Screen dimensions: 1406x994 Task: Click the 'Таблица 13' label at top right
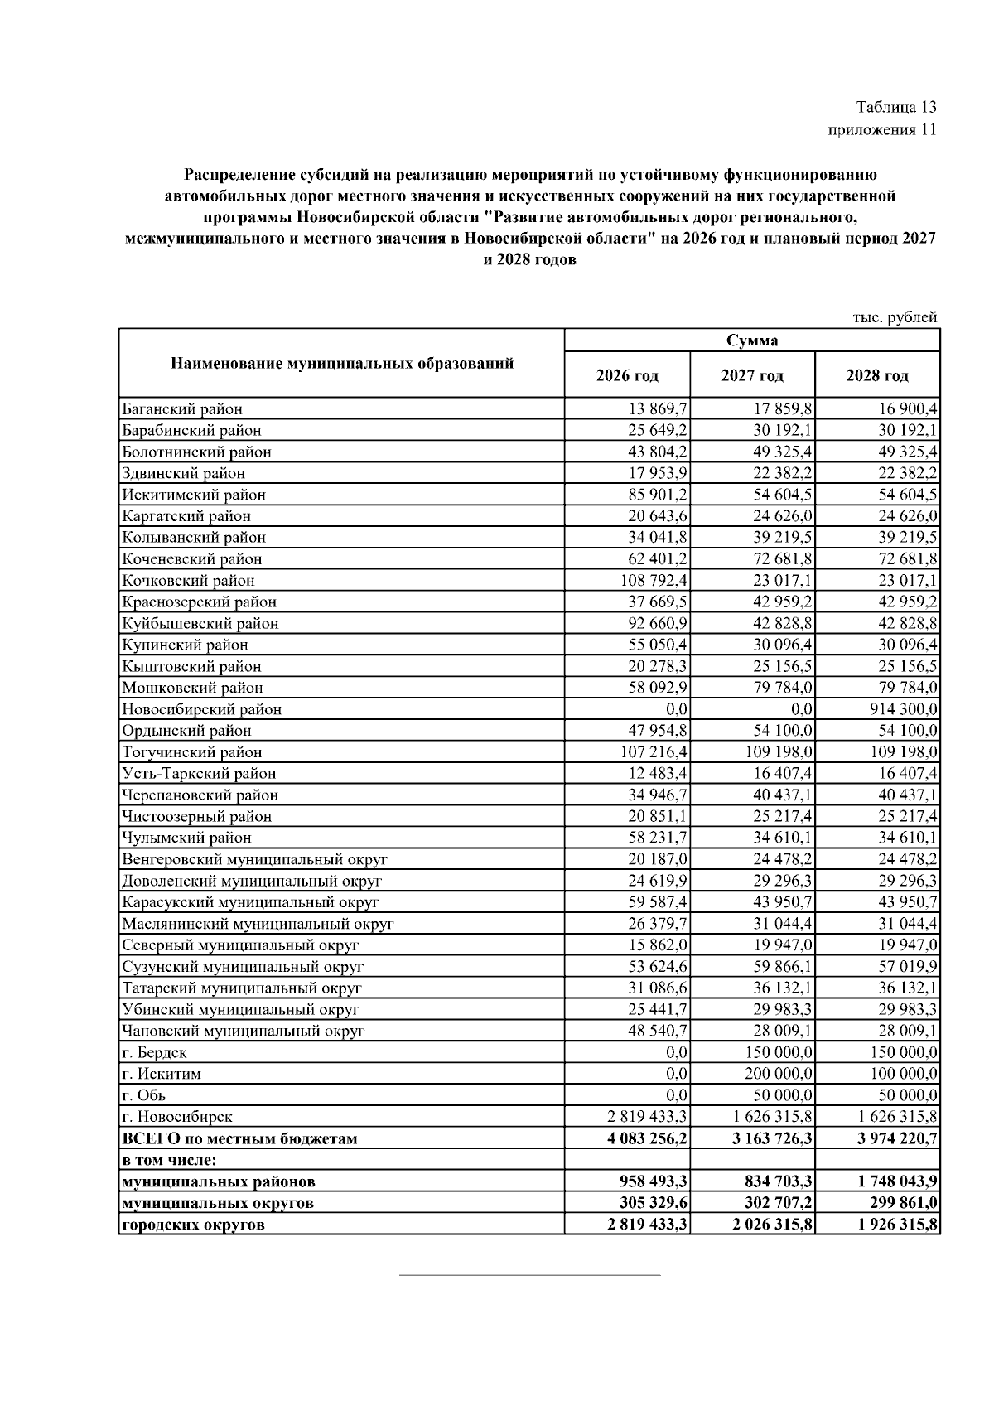[x=896, y=108]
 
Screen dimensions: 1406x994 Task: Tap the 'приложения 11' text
[x=882, y=130]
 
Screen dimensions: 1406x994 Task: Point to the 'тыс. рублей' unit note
[x=895, y=317]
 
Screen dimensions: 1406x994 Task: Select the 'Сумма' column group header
[x=751, y=341]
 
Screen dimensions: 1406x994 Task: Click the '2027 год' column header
[x=751, y=375]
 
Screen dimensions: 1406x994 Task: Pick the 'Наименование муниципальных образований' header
[x=341, y=363]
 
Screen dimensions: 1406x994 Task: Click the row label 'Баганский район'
[x=182, y=409]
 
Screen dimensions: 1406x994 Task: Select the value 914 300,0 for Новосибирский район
[x=899, y=709]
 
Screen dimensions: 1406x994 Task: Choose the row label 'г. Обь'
[x=143, y=1095]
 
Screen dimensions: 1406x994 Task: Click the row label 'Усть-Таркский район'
[x=199, y=774]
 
